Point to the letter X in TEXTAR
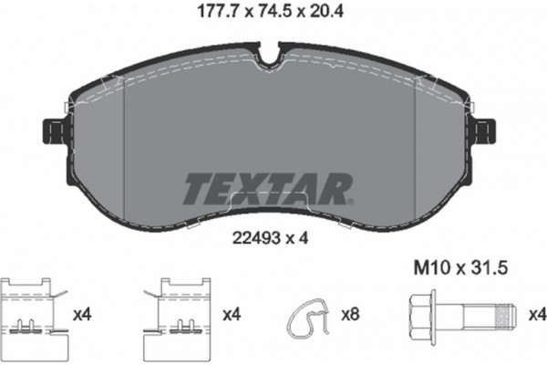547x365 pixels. tap(256, 187)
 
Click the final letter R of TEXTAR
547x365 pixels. tap(337, 187)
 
